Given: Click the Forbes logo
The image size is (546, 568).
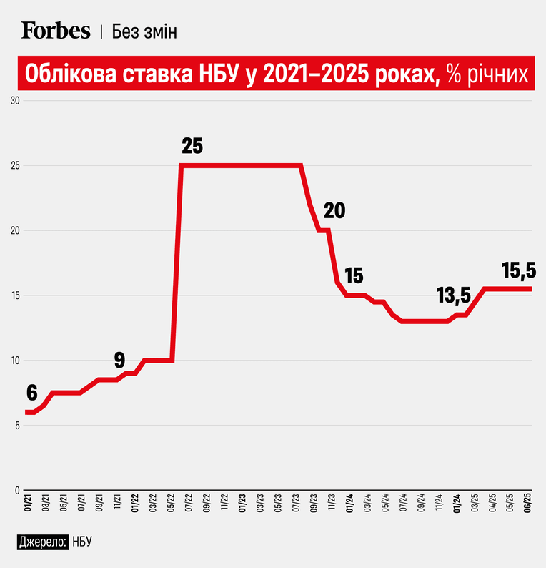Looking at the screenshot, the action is click(56, 30).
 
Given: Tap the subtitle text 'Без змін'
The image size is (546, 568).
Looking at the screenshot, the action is click(144, 31).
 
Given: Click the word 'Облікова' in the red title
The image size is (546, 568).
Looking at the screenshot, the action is click(71, 74).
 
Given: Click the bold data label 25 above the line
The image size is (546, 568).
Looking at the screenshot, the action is click(192, 146).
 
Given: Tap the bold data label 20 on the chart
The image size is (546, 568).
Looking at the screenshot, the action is click(334, 210).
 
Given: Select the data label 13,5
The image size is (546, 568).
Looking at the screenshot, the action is click(453, 295).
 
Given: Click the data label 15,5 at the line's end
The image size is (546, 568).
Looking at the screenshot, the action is click(519, 270).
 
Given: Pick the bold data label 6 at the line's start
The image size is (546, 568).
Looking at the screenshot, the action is click(32, 393).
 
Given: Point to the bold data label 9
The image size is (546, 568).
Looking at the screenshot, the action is click(120, 360).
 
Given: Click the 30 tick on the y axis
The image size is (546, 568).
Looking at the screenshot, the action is click(15, 101).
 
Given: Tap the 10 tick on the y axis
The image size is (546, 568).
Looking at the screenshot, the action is click(15, 361).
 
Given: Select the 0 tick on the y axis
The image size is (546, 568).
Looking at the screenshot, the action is click(17, 491).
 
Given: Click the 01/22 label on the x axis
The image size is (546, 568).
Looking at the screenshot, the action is click(135, 503).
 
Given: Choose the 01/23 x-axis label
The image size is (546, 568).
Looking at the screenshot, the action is click(242, 503).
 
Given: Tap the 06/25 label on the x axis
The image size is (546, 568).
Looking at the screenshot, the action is click(528, 503).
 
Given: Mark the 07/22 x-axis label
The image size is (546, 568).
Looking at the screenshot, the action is click(189, 503).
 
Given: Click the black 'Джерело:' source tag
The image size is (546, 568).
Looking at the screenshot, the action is click(43, 542).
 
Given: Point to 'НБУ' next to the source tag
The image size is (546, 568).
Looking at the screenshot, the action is click(82, 542).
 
